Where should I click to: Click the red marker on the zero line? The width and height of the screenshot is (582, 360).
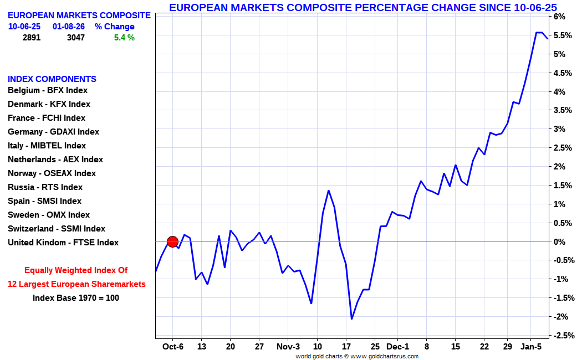point(172,241)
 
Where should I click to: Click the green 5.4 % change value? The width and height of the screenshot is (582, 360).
point(124,38)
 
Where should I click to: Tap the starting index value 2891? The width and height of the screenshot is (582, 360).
point(31,38)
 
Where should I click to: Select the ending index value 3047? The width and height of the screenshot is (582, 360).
point(76,38)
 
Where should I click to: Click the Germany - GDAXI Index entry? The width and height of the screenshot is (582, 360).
point(53,132)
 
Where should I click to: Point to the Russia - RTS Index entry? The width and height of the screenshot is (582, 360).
point(45,187)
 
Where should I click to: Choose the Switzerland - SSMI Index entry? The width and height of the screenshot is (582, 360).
point(56,229)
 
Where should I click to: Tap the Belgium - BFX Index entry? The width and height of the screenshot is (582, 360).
point(47,90)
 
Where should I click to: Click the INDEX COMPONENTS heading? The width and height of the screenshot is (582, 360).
point(52,79)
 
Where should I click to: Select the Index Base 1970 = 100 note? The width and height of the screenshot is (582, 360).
point(76,297)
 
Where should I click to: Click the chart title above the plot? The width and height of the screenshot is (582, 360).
point(363,7)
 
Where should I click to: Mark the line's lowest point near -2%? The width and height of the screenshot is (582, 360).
point(351,318)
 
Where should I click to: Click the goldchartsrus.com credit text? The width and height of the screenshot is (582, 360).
point(357,356)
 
